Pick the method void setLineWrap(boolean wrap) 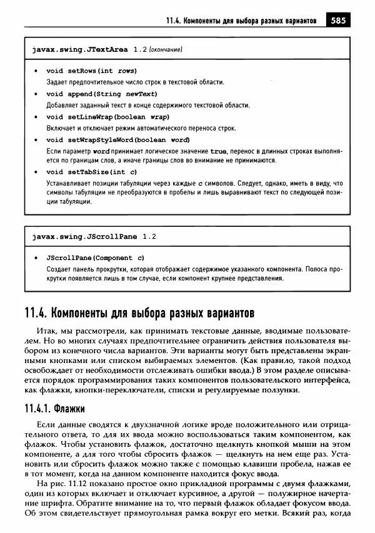pyautogui.click(x=108, y=116)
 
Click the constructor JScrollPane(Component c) pyautogui.click(x=96, y=257)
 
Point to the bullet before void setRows pyautogui.click(x=36, y=71)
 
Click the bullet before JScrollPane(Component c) pyautogui.click(x=36, y=257)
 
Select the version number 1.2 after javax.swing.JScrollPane pyautogui.click(x=149, y=237)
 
